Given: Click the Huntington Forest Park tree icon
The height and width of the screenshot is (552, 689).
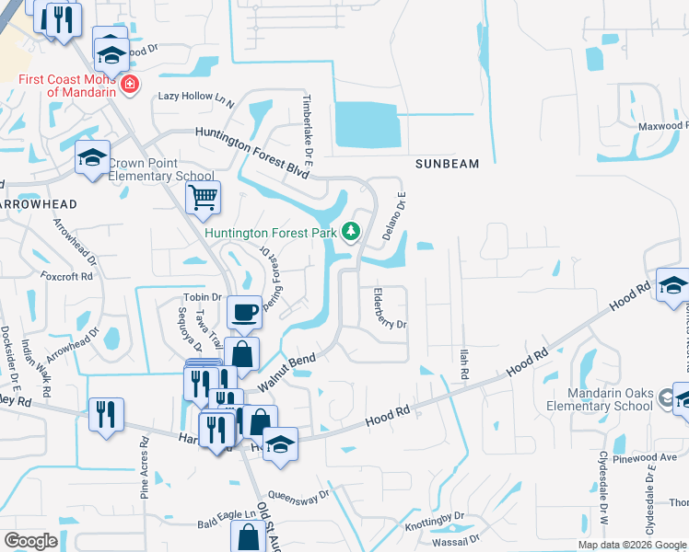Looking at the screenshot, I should click(x=350, y=232).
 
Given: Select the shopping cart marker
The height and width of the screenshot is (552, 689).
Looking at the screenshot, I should click(x=202, y=196).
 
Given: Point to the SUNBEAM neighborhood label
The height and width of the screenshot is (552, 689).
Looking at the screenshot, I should click(x=447, y=164).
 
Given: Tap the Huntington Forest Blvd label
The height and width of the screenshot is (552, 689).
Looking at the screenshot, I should click(x=251, y=145).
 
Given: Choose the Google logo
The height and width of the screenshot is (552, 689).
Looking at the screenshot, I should click(x=30, y=541).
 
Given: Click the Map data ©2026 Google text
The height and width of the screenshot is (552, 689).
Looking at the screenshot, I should click(x=632, y=545).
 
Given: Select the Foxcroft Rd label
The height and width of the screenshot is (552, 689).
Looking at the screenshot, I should click(x=66, y=275).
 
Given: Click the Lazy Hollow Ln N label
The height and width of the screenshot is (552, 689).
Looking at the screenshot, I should click(x=196, y=97).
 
